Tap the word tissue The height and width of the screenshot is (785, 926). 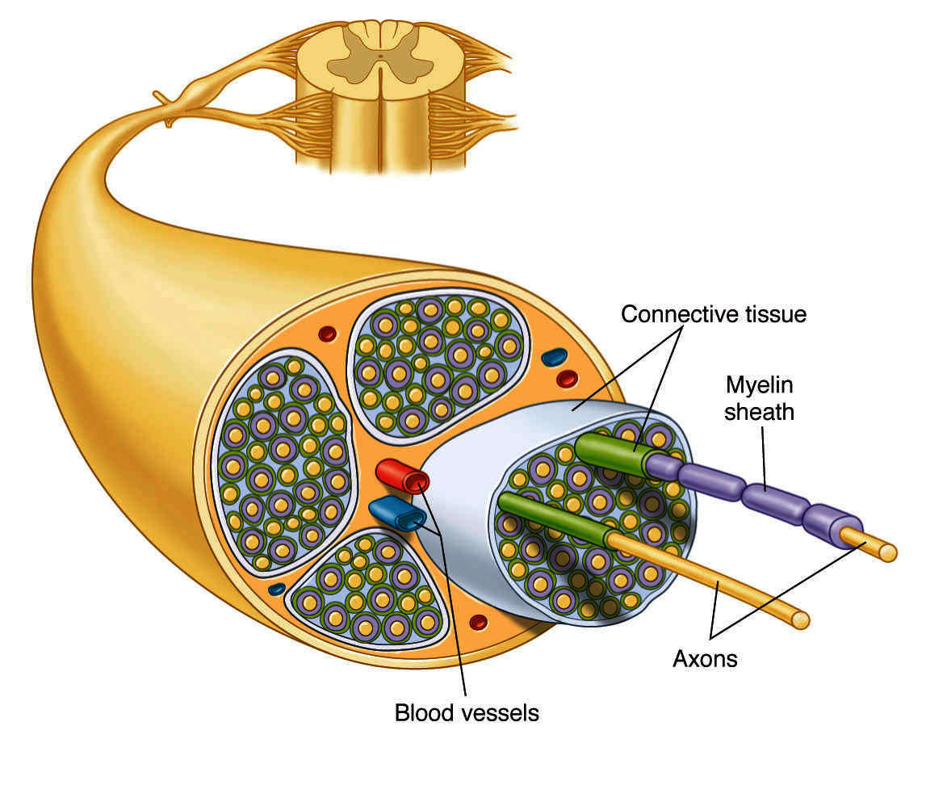tap(772, 314)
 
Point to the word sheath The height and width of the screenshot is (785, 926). tap(758, 412)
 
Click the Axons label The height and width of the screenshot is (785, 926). tap(704, 658)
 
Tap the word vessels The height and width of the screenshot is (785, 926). tap(499, 713)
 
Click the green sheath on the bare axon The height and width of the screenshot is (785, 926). tap(554, 518)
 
